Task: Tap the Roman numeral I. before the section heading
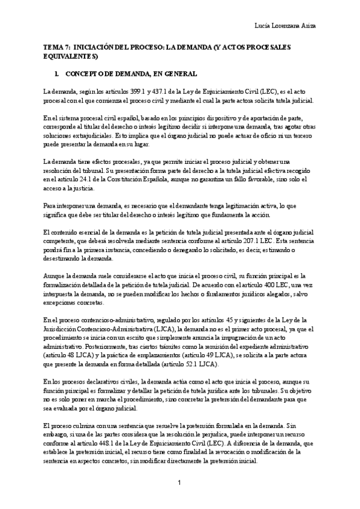pos(56,74)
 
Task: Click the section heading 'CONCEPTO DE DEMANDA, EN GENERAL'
pos(129,74)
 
